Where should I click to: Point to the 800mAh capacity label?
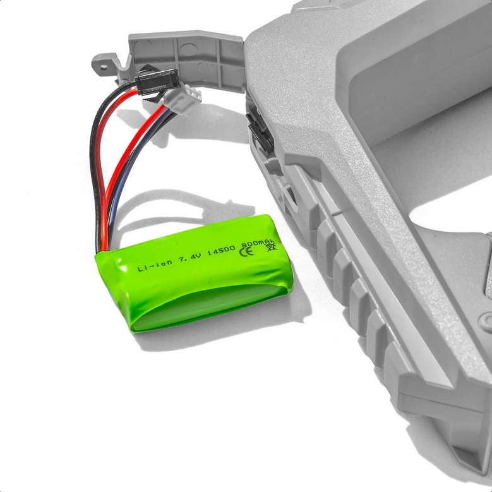(258, 243)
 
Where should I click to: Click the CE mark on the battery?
(246, 251)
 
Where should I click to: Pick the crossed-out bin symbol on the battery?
(272, 247)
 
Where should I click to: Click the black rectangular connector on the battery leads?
(158, 81)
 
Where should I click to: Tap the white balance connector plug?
(184, 99)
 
